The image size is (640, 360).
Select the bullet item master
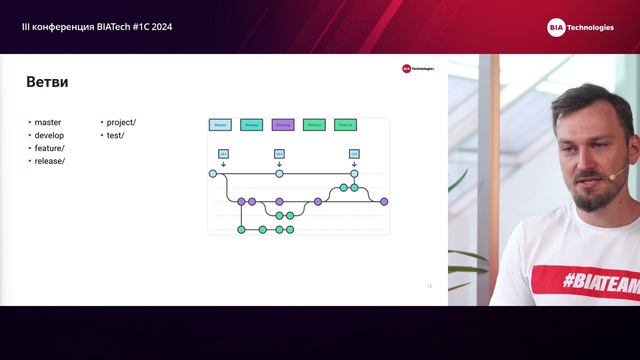click(47, 122)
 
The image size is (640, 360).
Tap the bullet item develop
click(49, 135)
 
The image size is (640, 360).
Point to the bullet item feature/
click(49, 148)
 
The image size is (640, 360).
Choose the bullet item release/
click(49, 160)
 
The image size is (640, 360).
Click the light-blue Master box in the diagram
click(220, 125)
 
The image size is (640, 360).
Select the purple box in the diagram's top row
click(282, 125)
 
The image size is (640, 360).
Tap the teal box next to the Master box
click(251, 125)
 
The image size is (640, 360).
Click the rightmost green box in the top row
click(345, 125)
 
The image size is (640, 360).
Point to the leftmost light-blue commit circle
click(213, 173)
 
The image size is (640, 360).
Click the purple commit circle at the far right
click(384, 201)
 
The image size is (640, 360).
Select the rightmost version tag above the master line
click(354, 153)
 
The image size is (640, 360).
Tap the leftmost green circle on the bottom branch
click(241, 229)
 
